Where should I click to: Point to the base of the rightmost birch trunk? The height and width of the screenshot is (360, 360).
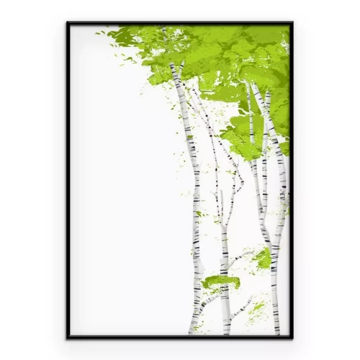click(275, 330)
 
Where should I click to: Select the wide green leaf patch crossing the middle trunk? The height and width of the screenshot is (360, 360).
click(220, 282)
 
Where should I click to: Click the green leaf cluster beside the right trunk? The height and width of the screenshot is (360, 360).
click(264, 258)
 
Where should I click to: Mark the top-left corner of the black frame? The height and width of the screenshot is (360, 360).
click(68, 22)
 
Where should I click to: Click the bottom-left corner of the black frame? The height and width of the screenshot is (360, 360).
click(68, 337)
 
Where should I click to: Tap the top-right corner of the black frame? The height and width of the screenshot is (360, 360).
click(292, 22)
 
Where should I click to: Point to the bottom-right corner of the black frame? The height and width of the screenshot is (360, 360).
click(292, 337)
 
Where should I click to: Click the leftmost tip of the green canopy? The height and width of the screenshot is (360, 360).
click(97, 32)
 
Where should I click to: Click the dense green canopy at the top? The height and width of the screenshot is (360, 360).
click(216, 50)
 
